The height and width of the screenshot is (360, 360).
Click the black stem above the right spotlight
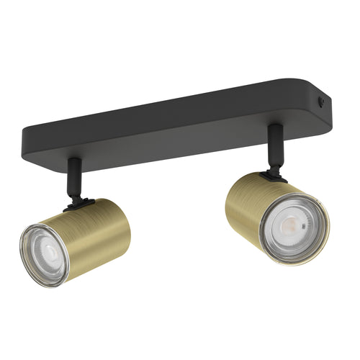click(274, 147)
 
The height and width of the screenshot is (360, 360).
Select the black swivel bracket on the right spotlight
click(271, 174)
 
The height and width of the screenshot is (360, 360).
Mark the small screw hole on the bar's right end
click(322, 102)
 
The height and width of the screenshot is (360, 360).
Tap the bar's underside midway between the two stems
click(173, 148)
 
